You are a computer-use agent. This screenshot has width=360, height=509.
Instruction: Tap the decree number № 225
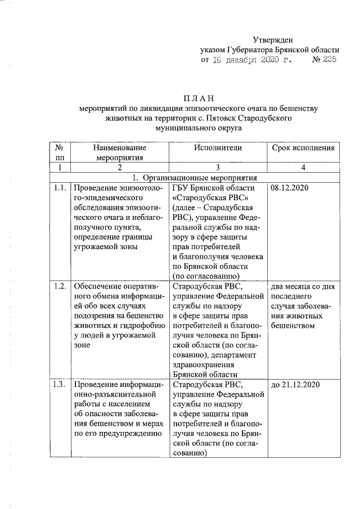coord(323,60)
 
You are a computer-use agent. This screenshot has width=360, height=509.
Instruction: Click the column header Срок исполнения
coord(303,148)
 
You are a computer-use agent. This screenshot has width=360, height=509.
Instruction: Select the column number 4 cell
coord(303,168)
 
